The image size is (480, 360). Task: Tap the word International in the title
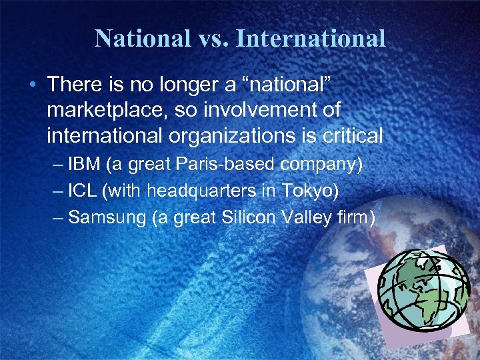311,38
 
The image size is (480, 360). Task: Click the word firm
351,217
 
